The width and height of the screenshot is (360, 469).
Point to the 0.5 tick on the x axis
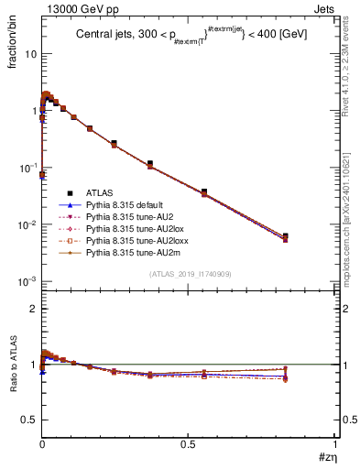188,444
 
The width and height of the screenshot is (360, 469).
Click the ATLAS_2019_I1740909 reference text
188,274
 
